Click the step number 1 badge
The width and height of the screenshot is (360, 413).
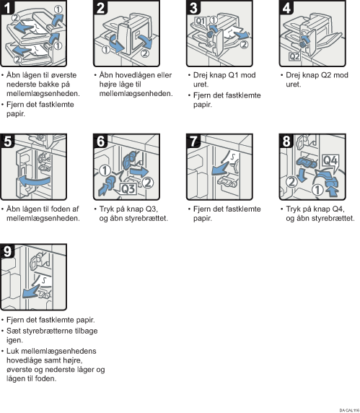click(7, 6)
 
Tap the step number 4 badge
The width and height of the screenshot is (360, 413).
click(286, 7)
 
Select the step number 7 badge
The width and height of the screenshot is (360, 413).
click(193, 142)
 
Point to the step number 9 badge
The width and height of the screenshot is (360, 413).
click(7, 251)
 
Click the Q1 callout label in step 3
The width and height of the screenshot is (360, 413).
click(201, 21)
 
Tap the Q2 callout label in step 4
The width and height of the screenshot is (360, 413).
click(294, 56)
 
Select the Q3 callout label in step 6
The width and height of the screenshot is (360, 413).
click(128, 189)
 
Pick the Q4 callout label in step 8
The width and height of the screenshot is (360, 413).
click(330, 160)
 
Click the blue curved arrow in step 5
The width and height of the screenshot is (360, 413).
click(34, 181)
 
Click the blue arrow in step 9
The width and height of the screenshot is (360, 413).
click(31, 292)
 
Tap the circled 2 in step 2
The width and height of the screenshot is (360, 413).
click(145, 53)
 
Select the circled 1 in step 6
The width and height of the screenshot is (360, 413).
click(105, 170)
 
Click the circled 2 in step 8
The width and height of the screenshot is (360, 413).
click(291, 181)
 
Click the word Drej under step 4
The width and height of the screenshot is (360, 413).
click(294, 75)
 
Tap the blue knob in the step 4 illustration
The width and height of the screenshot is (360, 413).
click(302, 45)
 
